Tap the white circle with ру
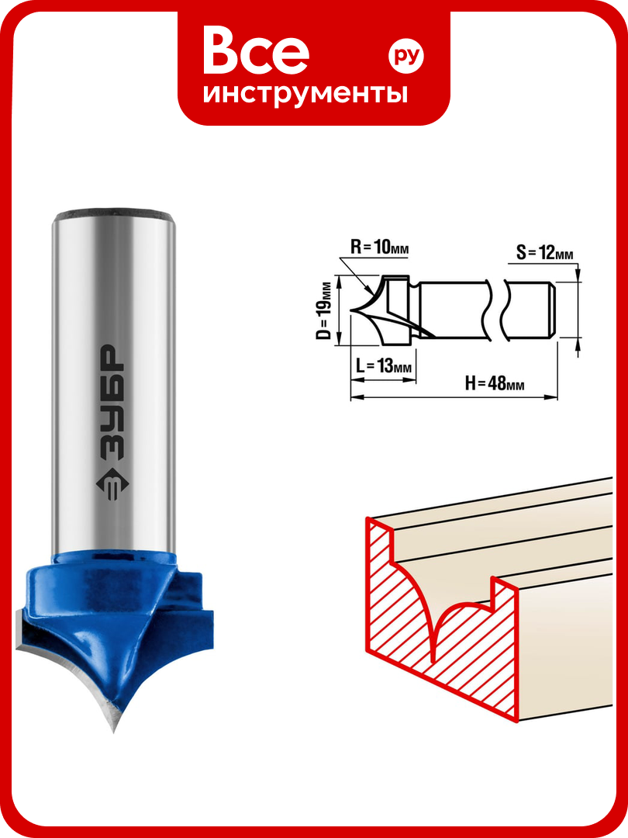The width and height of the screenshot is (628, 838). coord(405,55)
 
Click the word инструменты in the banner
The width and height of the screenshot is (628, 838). coord(305,94)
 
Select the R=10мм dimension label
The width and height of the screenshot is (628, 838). coord(379,248)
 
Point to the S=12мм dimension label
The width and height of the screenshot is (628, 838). coord(544,252)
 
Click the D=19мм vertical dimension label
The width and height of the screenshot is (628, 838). coord(324,310)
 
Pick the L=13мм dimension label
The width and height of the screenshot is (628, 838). coord(384,366)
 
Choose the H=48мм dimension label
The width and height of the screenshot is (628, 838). coord(494,383)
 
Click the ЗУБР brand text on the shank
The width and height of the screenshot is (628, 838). coord(112,402)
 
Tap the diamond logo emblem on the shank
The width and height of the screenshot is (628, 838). coord(112,484)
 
